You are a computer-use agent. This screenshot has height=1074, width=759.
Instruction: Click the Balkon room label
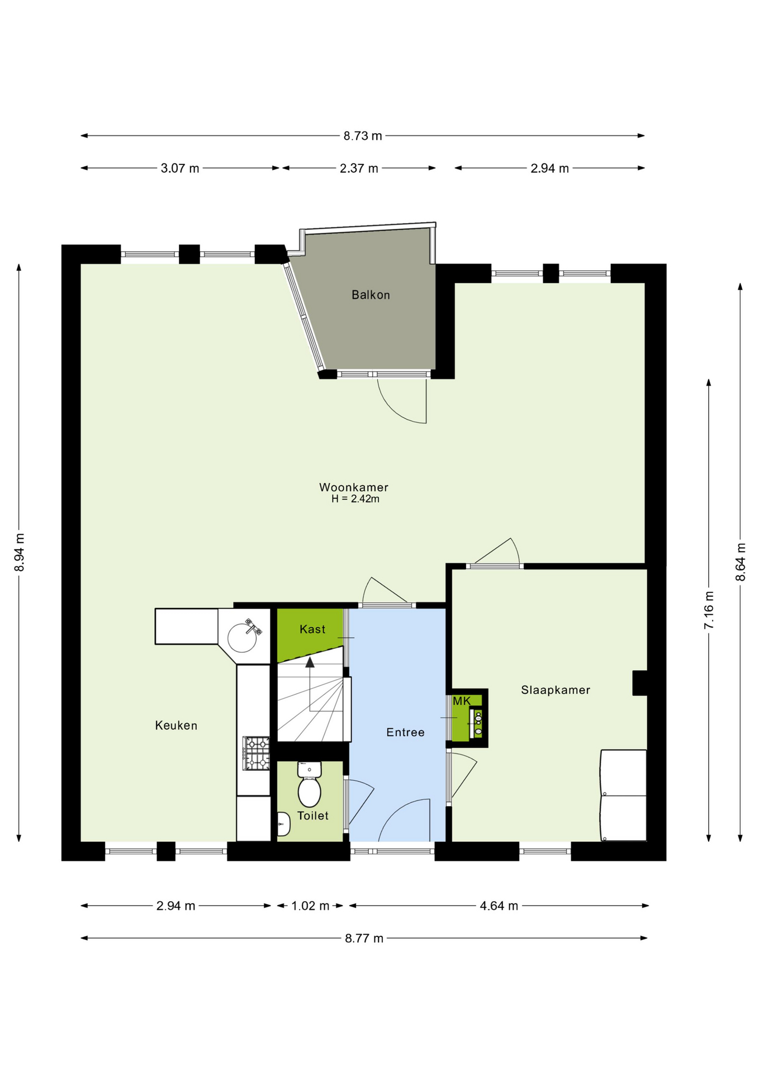click(371, 295)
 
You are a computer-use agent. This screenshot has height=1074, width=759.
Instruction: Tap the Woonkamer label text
click(354, 487)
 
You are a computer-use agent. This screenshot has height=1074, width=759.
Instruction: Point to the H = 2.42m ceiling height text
click(355, 499)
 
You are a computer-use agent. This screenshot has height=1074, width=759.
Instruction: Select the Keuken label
click(176, 726)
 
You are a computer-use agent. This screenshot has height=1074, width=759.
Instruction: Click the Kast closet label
click(312, 629)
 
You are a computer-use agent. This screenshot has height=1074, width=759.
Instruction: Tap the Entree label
click(405, 732)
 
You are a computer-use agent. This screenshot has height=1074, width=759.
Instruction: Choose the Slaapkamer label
click(556, 690)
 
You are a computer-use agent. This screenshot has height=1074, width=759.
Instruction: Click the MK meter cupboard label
click(462, 701)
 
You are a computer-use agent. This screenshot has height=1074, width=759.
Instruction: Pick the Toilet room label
click(313, 816)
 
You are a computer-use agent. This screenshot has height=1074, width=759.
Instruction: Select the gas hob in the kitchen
click(256, 753)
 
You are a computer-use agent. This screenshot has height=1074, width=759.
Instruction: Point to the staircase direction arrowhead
click(310, 662)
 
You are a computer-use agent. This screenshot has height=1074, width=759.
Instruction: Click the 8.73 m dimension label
click(363, 136)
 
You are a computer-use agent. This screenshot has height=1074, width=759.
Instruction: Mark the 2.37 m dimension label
click(359, 168)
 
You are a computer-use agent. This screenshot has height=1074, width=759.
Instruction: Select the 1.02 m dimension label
click(310, 906)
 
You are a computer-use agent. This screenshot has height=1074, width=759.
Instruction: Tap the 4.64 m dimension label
click(499, 906)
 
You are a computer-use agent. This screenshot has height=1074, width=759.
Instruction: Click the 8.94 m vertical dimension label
click(20, 553)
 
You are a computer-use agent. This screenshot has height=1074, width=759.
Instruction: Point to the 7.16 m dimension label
click(709, 610)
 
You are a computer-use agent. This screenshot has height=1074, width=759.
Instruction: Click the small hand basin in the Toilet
click(284, 824)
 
